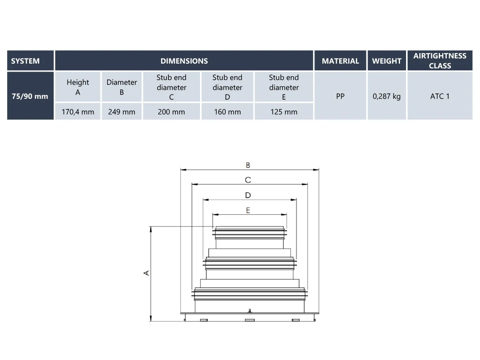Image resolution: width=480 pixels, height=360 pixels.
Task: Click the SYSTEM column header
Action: tap(26, 61)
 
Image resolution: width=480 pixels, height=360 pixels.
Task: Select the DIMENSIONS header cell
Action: tap(184, 61)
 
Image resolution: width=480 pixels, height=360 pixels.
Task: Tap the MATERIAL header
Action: tap(340, 61)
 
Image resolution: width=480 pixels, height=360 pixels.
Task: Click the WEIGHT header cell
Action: tap(386, 61)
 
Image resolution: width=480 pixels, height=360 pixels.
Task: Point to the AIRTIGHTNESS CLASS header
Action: tap(440, 61)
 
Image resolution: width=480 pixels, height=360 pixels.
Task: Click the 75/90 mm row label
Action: tap(30, 96)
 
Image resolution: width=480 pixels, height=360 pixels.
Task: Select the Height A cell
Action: tap(78, 87)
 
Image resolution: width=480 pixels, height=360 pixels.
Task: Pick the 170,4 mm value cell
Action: tap(78, 112)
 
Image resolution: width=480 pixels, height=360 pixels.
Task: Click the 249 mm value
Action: tap(122, 112)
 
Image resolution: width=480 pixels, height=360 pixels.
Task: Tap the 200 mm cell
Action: tap(171, 112)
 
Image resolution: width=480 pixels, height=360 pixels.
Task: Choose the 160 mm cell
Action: tap(227, 112)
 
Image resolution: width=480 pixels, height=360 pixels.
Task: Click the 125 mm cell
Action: tap(284, 112)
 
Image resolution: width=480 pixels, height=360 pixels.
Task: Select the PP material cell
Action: tap(340, 96)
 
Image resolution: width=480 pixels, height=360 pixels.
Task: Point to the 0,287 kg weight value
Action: tap(386, 96)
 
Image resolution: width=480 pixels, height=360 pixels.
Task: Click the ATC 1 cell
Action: tap(440, 96)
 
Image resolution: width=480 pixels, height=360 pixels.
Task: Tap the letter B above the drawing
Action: tap(248, 165)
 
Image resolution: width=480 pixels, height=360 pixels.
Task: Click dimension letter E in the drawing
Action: tap(248, 210)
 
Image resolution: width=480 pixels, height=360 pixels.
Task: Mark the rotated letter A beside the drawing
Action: tap(146, 273)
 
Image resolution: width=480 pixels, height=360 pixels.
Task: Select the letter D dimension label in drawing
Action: tap(248, 195)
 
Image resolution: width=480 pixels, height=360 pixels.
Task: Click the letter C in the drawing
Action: tap(248, 180)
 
